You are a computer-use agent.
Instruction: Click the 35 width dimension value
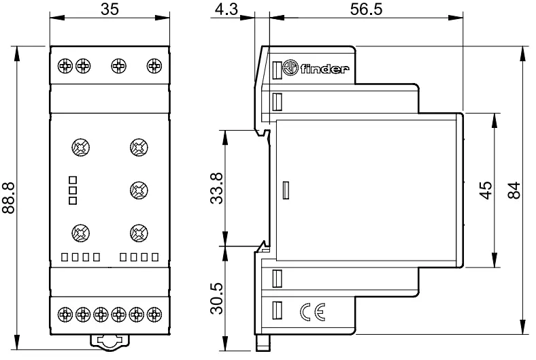[x=110, y=10]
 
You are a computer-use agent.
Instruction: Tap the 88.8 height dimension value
[x=9, y=198]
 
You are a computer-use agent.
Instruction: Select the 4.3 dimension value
[x=227, y=10]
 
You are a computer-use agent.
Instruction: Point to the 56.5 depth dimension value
[x=366, y=10]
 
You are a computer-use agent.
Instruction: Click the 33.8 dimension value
[x=216, y=189]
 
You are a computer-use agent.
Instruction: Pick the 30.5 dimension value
[x=216, y=298]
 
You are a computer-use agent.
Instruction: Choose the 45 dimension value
[x=486, y=190]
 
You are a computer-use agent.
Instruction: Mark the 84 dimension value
[x=514, y=190]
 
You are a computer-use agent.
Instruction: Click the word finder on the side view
[x=324, y=68]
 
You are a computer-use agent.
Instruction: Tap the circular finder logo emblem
[x=290, y=68]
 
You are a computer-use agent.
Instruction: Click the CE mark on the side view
[x=312, y=312]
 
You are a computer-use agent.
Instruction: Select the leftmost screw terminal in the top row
[x=65, y=65]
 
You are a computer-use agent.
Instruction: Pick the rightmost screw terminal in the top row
[x=154, y=65]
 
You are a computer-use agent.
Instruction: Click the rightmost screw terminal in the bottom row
[x=154, y=314]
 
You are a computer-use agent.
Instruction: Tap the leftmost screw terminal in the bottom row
[x=65, y=314]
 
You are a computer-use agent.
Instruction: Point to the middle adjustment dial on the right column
[x=139, y=190]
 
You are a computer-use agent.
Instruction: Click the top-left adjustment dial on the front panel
[x=81, y=148]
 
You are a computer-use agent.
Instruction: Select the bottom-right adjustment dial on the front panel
[x=139, y=233]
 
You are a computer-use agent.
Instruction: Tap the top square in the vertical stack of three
[x=73, y=180]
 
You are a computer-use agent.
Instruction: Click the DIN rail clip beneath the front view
[x=110, y=342]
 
